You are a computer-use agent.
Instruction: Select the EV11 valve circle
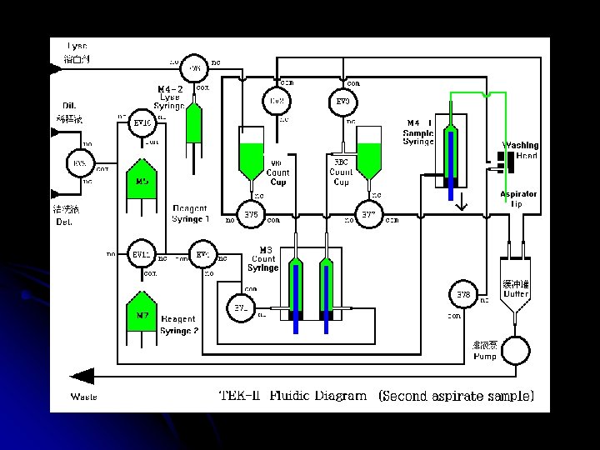(142, 254)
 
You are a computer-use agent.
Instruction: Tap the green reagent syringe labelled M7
(142, 314)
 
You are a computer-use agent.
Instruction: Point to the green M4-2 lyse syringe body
(193, 123)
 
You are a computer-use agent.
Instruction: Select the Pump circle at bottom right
(514, 349)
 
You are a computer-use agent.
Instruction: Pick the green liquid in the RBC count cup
(369, 156)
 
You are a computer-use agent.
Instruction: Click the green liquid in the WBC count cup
(251, 157)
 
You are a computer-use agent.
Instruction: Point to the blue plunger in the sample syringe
(451, 162)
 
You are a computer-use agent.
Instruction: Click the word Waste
(83, 397)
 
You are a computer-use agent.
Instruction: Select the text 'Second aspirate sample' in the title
(456, 396)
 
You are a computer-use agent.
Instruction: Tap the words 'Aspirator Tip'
(517, 199)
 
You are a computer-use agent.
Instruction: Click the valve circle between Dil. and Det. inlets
(80, 162)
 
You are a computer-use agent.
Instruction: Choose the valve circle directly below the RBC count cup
(369, 215)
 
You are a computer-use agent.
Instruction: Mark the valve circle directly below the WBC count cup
(251, 215)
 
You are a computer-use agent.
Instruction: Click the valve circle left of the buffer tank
(463, 294)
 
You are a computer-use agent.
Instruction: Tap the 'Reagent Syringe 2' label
(178, 324)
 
